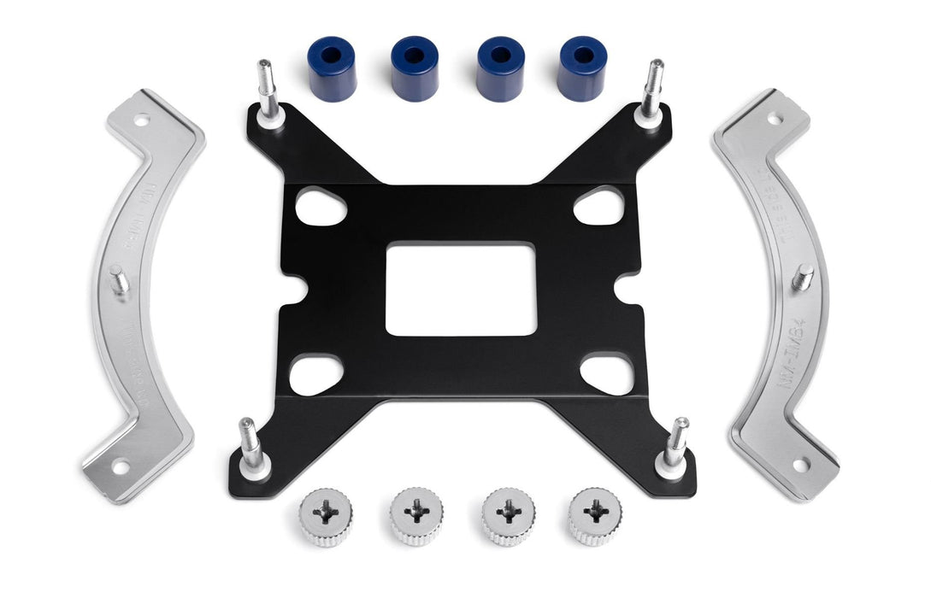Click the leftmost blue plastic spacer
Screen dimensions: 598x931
331,69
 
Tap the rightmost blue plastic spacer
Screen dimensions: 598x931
582,68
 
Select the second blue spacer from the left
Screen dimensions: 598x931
415,68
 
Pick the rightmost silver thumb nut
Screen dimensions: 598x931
595,515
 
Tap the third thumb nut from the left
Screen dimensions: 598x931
508,515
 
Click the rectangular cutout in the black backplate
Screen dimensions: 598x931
461,289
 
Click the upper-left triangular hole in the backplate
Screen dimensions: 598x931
319,207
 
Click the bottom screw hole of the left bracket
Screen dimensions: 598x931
119,466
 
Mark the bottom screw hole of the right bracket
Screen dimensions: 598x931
800,464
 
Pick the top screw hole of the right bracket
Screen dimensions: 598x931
775,120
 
